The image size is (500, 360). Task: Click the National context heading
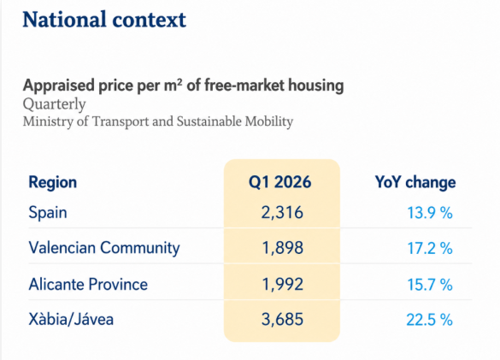click(x=104, y=20)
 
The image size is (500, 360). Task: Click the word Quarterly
click(x=54, y=104)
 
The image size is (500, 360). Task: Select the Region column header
click(x=53, y=182)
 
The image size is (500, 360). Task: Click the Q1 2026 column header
click(x=279, y=182)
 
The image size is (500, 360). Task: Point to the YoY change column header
click(x=415, y=182)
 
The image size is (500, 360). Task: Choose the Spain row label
click(x=48, y=213)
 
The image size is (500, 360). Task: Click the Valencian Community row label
click(x=104, y=248)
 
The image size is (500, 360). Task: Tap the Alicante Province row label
click(x=88, y=285)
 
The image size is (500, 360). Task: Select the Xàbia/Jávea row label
click(x=71, y=319)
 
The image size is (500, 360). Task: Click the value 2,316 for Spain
click(x=282, y=213)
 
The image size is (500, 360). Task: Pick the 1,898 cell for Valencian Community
click(x=282, y=248)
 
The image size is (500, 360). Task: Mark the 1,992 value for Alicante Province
click(x=282, y=285)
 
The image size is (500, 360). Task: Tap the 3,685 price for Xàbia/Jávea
click(x=282, y=319)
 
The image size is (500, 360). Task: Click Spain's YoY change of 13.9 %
click(x=430, y=213)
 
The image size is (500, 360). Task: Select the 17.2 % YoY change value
click(x=430, y=248)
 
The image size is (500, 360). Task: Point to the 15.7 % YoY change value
click(x=430, y=285)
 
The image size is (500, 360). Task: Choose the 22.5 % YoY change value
click(x=430, y=320)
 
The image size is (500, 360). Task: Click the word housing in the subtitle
click(x=316, y=86)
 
